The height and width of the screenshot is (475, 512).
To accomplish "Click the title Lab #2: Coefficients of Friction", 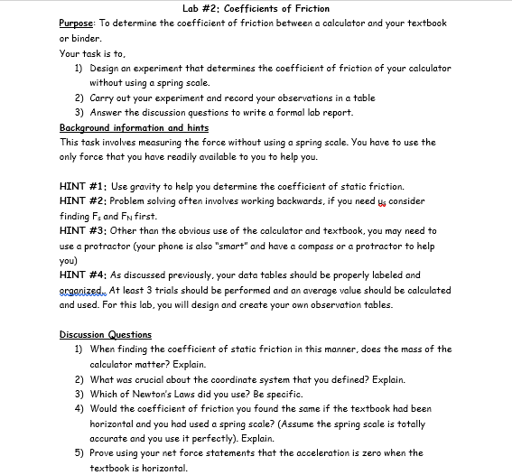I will [x=256, y=9].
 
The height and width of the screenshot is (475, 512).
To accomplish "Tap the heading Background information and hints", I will [x=134, y=128].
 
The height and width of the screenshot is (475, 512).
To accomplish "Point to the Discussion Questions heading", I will [x=106, y=335].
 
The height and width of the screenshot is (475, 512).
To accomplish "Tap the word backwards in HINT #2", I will [x=317, y=200].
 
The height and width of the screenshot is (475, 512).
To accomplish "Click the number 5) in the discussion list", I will [x=79, y=453].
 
